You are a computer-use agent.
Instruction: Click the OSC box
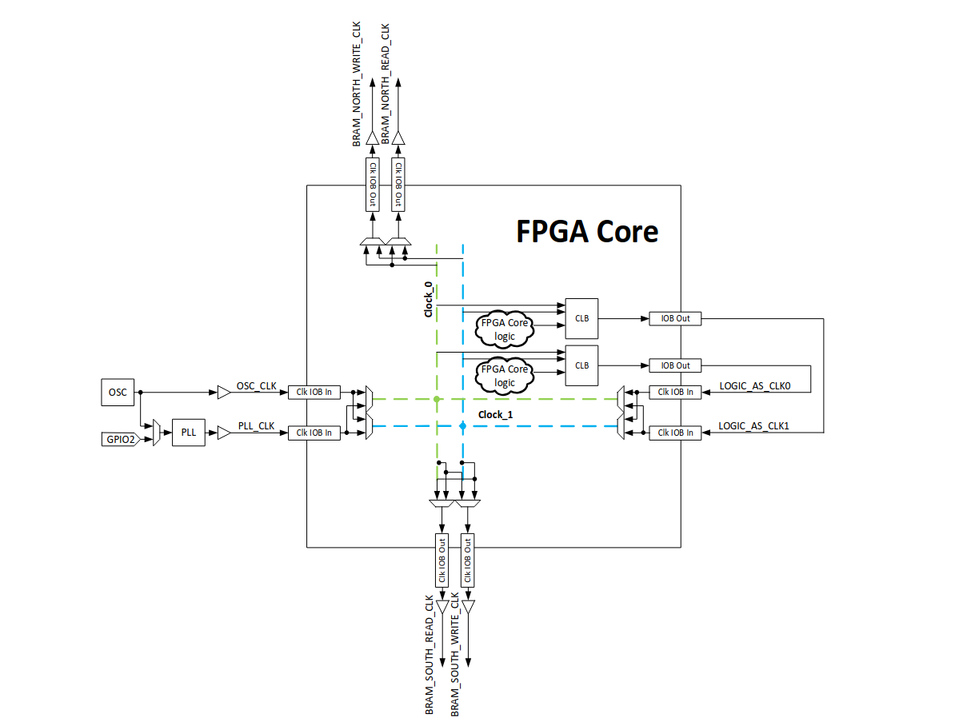tap(112, 392)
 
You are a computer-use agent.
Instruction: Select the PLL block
tap(188, 433)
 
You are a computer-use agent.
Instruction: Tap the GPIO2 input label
tap(121, 439)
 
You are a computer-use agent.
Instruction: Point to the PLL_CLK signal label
tap(256, 427)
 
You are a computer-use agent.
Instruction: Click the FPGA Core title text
tap(586, 231)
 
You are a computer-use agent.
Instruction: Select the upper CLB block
tap(581, 318)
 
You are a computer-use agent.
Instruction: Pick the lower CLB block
tap(581, 365)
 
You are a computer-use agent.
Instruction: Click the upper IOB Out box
tap(675, 318)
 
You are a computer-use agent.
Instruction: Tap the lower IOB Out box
tap(675, 365)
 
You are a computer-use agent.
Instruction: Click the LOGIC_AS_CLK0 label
tap(753, 386)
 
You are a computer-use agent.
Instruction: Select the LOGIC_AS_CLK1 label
tap(753, 427)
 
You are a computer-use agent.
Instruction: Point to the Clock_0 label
tap(428, 299)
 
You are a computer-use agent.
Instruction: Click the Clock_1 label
tap(495, 414)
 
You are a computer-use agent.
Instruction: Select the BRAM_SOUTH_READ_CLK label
tap(430, 654)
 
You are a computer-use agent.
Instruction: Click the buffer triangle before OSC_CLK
tap(222, 392)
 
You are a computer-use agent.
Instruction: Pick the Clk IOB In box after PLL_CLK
tap(314, 433)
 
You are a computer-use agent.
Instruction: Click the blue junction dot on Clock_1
tap(462, 427)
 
